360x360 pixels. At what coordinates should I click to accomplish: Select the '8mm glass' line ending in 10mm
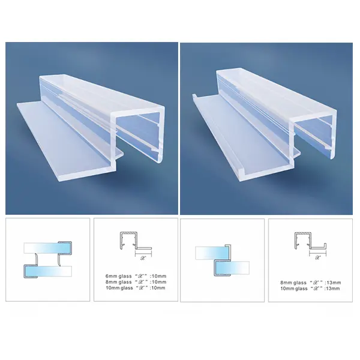[131, 281]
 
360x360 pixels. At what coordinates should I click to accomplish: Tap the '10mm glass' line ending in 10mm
[131, 288]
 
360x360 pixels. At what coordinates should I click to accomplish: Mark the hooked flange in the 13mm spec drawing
[318, 245]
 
